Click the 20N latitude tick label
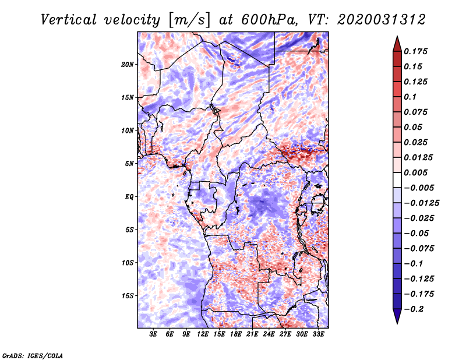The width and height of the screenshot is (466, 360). click(x=127, y=65)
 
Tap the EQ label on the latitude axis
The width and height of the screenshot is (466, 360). click(x=129, y=197)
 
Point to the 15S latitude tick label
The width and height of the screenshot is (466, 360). click(x=127, y=296)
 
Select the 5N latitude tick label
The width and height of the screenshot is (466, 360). click(x=129, y=164)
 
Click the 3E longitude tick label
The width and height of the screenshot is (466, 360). click(x=153, y=334)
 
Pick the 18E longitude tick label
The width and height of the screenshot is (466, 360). click(x=235, y=334)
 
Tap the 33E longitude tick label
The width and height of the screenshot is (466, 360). click(x=318, y=334)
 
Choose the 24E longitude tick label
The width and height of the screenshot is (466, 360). click(x=269, y=334)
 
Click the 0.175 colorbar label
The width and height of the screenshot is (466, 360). click(x=415, y=51)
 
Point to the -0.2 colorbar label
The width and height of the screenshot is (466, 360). click(x=414, y=309)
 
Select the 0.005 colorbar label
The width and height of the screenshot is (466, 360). click(x=415, y=172)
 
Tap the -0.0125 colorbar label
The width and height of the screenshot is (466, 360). click(x=421, y=203)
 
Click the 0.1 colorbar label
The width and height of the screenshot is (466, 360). click(x=410, y=97)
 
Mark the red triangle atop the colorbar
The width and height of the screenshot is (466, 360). click(x=397, y=44)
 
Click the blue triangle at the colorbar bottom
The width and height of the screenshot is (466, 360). click(x=397, y=316)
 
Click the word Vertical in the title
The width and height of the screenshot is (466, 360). click(x=69, y=20)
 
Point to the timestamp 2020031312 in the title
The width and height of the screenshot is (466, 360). click(x=382, y=20)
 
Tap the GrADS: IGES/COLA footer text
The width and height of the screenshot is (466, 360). click(x=33, y=355)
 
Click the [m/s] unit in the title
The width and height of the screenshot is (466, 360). click(x=189, y=20)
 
